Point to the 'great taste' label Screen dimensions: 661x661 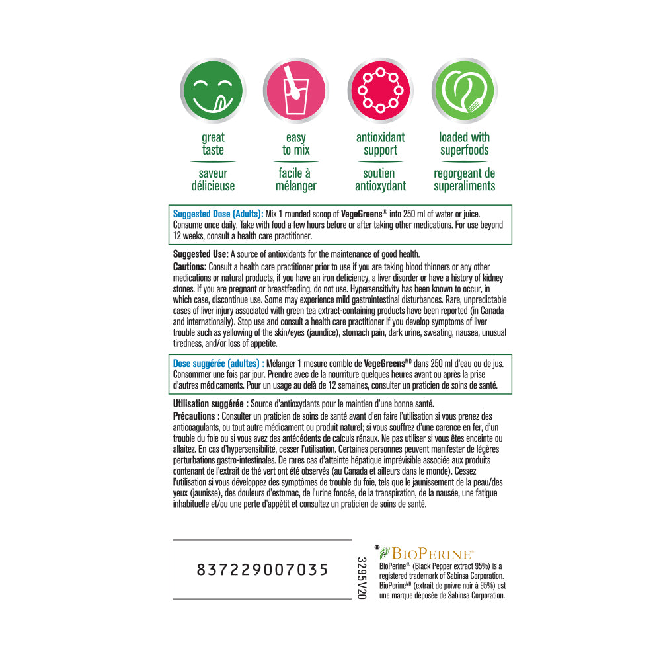[x=213, y=143]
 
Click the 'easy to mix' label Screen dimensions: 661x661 [x=296, y=143]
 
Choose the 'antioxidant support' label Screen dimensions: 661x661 [x=380, y=143]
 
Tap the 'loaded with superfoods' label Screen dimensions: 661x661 [x=464, y=143]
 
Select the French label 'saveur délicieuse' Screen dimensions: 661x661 [x=213, y=180]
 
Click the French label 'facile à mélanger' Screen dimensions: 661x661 [x=296, y=180]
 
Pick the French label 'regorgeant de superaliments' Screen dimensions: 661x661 [x=464, y=180]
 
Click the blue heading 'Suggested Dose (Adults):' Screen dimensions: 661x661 [x=217, y=214]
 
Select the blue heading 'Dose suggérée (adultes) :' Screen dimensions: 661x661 [x=219, y=363]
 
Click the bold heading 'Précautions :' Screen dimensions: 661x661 [x=196, y=416]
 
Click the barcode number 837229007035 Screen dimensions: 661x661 [x=262, y=570]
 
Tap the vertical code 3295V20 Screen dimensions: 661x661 [x=361, y=578]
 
